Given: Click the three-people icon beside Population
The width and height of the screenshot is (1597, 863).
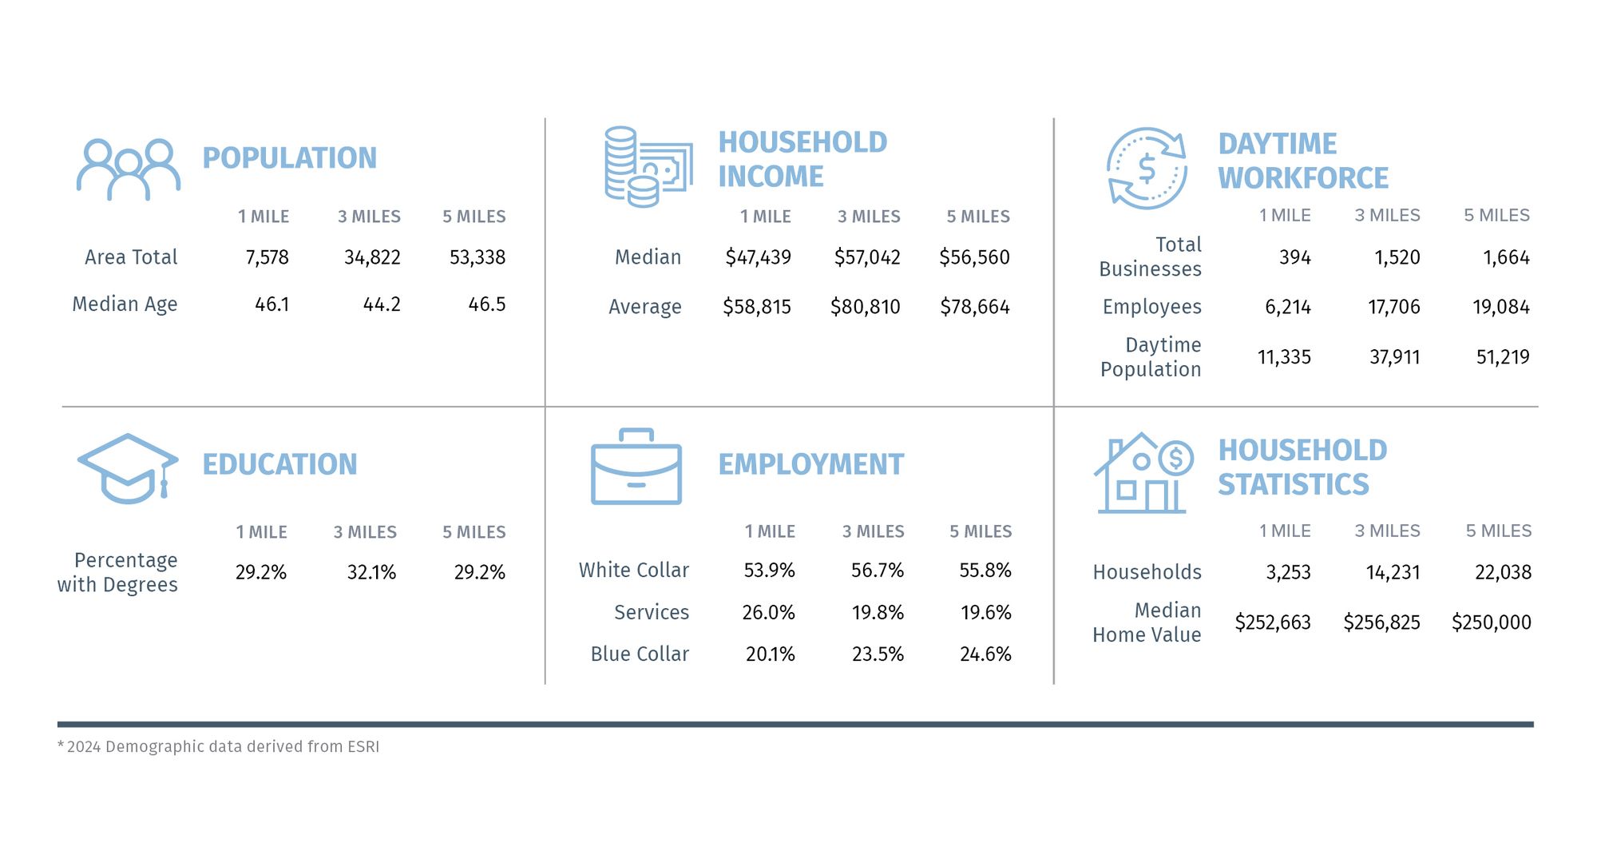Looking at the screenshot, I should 129,169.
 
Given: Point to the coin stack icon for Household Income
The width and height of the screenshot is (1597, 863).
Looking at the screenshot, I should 647,166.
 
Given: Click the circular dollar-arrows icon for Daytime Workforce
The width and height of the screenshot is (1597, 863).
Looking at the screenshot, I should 1147,169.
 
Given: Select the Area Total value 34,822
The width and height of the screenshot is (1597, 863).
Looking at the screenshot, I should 372,257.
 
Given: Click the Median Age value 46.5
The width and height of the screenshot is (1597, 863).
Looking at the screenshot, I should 486,304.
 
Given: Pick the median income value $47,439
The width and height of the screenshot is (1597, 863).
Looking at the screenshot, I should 758,257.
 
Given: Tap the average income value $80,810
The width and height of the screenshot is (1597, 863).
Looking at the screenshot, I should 865,307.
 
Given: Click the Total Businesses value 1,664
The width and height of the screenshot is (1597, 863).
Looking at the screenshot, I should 1506,257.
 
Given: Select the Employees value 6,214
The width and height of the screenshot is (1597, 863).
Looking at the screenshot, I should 1287,307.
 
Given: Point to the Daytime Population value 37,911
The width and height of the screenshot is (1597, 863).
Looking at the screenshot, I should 1394,357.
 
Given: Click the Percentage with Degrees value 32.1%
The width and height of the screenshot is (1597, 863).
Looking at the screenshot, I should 371,572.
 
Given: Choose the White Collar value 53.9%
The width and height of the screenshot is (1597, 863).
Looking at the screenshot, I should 769,571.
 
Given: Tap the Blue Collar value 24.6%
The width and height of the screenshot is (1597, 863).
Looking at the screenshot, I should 985,654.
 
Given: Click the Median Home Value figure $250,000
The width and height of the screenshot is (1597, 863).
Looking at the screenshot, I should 1491,622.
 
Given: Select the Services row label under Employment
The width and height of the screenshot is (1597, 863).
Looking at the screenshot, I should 651,612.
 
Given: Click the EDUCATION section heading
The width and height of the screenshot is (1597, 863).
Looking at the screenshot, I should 279,464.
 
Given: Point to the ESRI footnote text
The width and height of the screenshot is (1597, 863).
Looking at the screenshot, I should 219,746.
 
